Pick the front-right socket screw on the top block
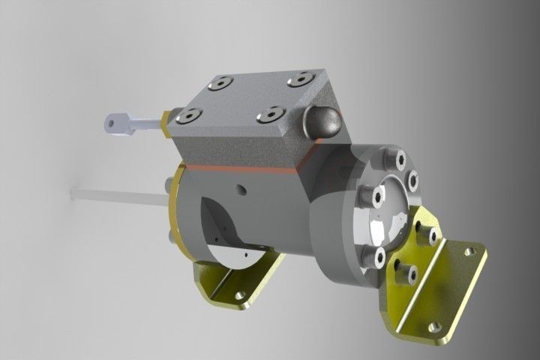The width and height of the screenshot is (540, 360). (268, 115)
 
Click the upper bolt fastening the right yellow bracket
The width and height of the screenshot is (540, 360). (430, 235)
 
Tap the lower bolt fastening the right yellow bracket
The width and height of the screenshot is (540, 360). (408, 274)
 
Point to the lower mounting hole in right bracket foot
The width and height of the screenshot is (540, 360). (433, 326)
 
